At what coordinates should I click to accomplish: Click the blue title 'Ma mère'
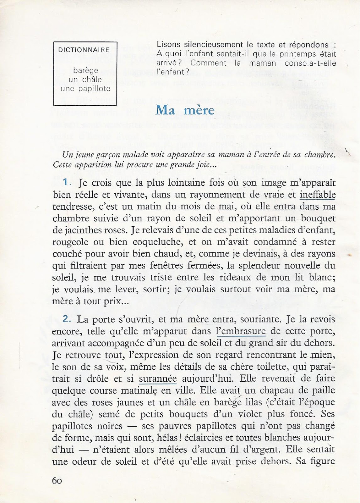[x=185, y=110]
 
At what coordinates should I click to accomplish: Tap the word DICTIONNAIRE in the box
[x=84, y=50]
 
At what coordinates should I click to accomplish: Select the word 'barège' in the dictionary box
[x=85, y=70]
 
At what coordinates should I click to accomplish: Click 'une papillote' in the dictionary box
[x=85, y=89]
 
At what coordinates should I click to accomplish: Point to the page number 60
[x=57, y=481]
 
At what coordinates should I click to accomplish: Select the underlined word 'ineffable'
[x=318, y=195]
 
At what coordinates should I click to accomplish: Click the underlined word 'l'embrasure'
[x=241, y=331]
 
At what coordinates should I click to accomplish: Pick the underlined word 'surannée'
[x=158, y=379]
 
